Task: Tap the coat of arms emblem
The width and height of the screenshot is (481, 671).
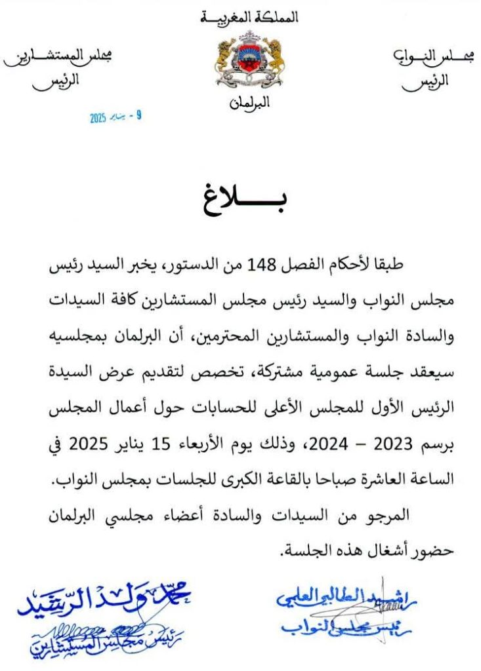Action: pos(250,62)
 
